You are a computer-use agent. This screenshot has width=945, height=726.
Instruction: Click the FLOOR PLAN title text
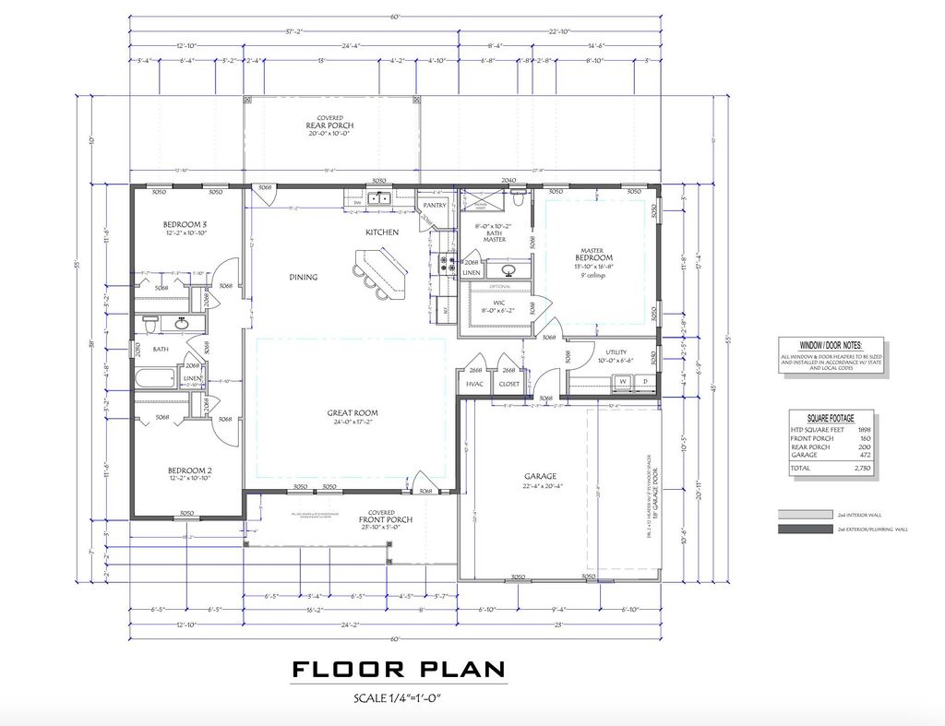point(399,669)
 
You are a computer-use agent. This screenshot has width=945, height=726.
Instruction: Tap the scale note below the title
point(398,698)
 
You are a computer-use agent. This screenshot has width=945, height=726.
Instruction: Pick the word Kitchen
point(382,232)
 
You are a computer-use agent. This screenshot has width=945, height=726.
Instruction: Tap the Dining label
point(303,277)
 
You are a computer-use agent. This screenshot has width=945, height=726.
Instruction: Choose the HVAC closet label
point(475,384)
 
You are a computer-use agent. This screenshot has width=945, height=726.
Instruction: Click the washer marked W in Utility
point(623,381)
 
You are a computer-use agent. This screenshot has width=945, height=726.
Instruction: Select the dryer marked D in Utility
point(646,381)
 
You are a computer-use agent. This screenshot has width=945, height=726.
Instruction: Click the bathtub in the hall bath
point(155,378)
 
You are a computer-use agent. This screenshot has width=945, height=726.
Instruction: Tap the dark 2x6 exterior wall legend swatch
point(804,530)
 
